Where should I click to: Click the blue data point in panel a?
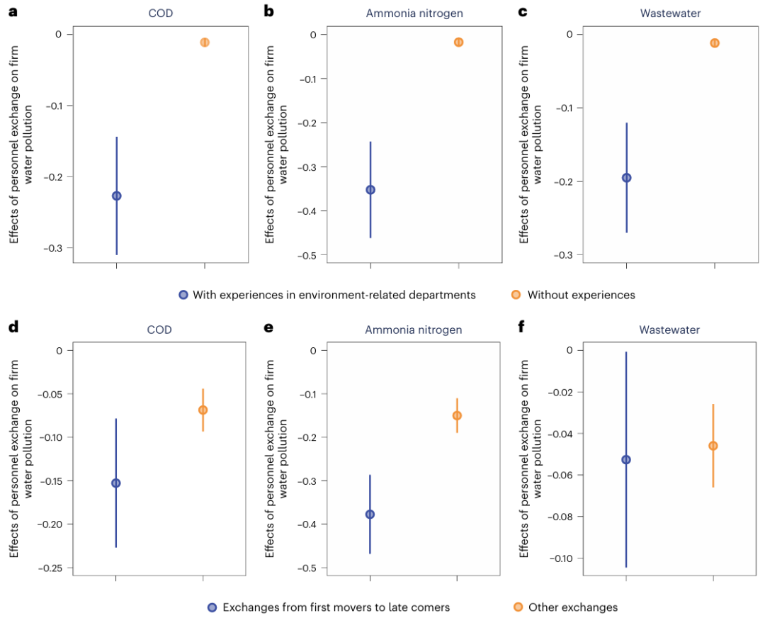[116, 196]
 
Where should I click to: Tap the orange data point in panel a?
[205, 43]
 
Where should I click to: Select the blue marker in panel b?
[370, 190]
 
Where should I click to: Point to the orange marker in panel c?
[715, 43]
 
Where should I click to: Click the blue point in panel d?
[116, 483]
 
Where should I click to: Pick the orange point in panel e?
[457, 415]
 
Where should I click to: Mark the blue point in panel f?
[626, 460]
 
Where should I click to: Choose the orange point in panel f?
[713, 446]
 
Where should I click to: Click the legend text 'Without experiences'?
[581, 295]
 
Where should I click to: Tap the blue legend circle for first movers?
[212, 607]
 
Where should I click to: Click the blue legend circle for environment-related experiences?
[183, 295]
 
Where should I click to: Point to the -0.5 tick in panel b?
[307, 255]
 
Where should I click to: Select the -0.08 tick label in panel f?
[560, 517]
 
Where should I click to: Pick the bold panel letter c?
[523, 12]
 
